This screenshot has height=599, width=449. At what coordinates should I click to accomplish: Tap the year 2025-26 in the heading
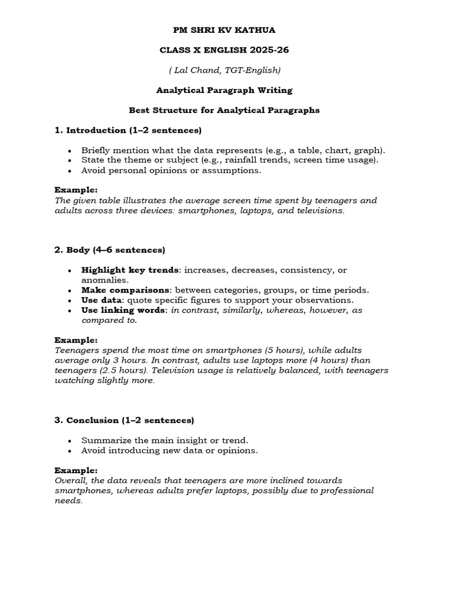(x=264, y=50)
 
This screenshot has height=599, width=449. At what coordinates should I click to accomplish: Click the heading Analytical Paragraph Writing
(x=224, y=90)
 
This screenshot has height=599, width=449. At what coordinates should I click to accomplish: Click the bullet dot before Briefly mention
(x=70, y=150)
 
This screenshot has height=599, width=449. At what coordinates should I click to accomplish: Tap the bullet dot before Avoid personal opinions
(x=70, y=171)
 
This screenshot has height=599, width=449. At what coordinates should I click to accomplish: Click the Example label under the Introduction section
(x=76, y=190)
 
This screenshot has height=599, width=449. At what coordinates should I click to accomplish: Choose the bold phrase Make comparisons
(x=126, y=290)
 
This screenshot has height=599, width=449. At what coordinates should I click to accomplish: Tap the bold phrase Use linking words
(x=124, y=310)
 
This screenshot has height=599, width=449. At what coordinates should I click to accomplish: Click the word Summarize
(x=104, y=440)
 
